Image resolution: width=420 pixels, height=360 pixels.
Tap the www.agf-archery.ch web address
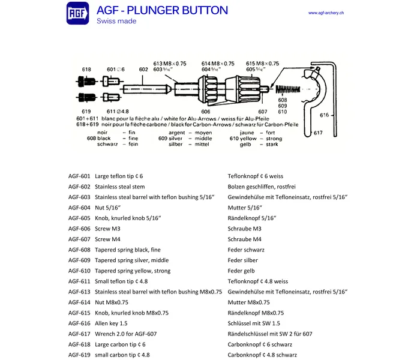[330, 13]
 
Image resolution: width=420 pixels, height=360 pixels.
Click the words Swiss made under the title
[116, 22]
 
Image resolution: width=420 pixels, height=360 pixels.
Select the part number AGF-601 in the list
[79, 176]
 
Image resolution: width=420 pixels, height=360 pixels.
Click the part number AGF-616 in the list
[79, 323]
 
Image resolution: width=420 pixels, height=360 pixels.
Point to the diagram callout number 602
[143, 70]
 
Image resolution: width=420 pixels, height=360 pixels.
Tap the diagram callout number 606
[205, 111]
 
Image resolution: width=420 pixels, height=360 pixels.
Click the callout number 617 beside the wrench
[318, 133]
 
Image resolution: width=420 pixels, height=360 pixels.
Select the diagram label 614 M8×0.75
[219, 64]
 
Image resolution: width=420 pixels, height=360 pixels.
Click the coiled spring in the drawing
[286, 89]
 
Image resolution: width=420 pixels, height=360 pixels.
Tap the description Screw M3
[109, 229]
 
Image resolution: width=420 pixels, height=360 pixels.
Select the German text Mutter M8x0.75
[248, 302]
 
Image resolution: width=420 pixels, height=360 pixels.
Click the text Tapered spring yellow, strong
[133, 271]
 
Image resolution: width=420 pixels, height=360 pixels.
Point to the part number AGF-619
[79, 355]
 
